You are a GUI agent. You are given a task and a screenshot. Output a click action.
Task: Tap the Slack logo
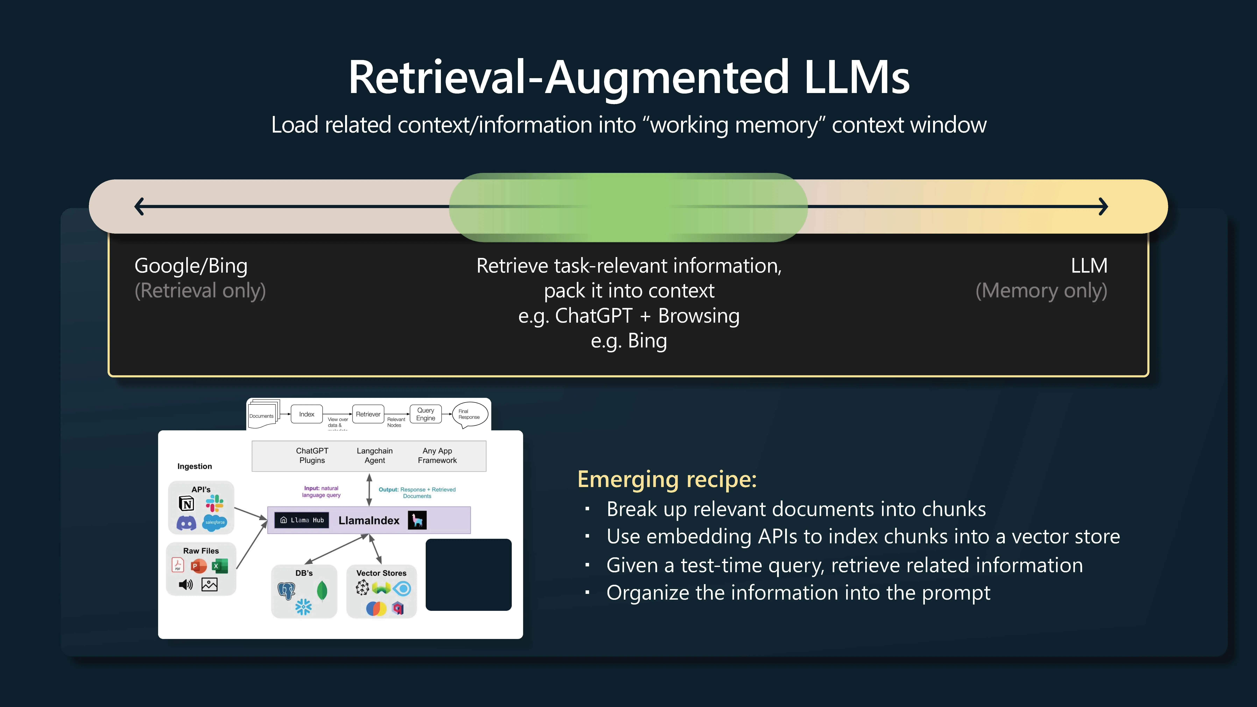tap(214, 503)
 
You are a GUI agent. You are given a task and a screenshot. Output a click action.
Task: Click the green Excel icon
tap(219, 566)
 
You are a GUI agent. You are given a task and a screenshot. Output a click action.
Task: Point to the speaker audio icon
tap(186, 585)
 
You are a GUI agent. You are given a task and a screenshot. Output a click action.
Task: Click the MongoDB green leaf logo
tap(322, 591)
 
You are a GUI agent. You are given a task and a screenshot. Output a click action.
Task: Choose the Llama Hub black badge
tap(302, 520)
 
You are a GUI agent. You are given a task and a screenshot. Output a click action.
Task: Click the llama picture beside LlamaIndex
tap(417, 520)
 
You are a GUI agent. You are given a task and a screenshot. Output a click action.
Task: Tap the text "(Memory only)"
tap(1041, 291)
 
